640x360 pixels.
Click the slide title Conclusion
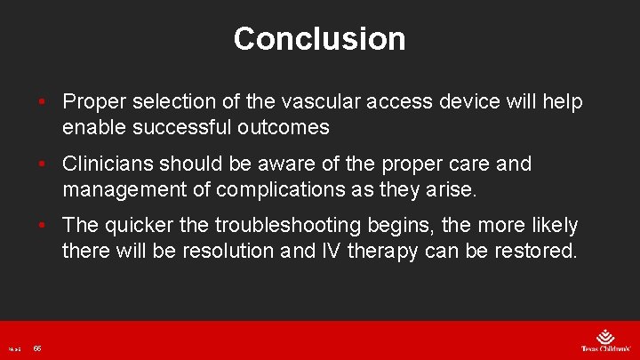point(319,38)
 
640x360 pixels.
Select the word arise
point(454,188)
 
